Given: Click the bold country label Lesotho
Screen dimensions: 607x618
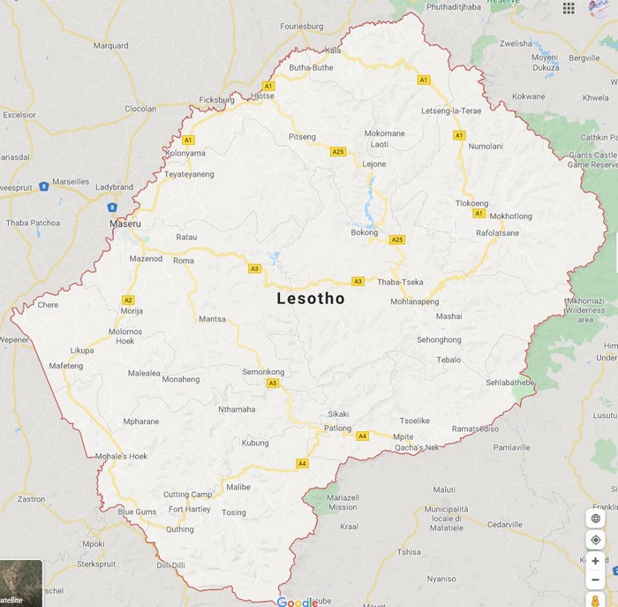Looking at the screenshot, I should point(311,299).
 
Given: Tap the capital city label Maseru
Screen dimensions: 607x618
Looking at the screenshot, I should point(125,224).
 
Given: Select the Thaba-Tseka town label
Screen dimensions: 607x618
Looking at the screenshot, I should point(400,282).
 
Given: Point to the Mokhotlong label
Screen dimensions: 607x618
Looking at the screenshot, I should point(510,216).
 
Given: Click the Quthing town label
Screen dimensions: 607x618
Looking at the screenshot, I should point(179,529).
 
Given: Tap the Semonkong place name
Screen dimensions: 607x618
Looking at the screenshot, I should point(263,372).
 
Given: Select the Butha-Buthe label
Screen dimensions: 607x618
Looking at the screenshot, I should point(311,67).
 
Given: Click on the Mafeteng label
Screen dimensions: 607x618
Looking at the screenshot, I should point(65,366).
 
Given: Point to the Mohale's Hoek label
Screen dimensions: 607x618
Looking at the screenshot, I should point(122,456).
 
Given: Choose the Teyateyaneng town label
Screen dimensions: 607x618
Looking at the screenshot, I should point(189,174).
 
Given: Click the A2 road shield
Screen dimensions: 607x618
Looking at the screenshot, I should point(128,300).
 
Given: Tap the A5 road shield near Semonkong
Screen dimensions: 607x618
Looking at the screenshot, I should point(273,383).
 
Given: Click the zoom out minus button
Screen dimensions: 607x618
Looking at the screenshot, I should point(595,580).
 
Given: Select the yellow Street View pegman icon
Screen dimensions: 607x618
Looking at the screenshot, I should point(595,600).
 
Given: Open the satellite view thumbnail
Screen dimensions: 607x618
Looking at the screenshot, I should point(19,584).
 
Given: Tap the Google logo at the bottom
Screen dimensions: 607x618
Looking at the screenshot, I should point(297,602).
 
